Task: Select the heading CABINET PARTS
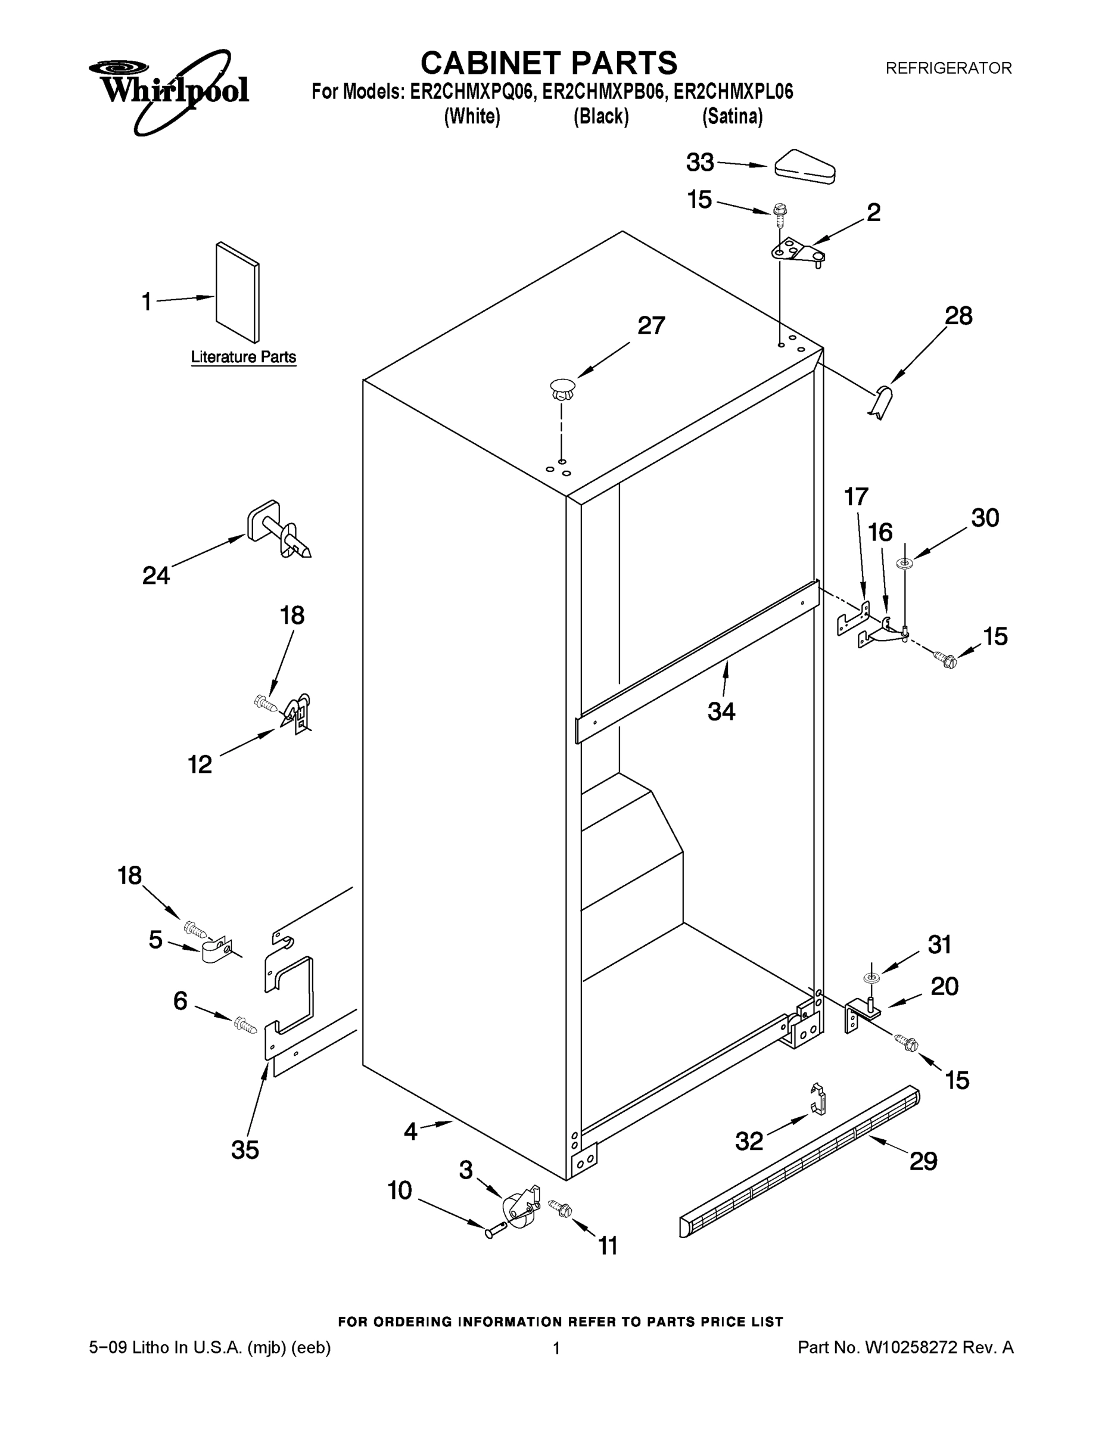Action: point(549,64)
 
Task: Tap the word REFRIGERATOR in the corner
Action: point(948,68)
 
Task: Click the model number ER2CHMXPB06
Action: point(602,92)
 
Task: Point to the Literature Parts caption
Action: point(243,357)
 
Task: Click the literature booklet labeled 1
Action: point(238,292)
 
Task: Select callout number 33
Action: point(699,163)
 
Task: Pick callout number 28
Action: point(958,316)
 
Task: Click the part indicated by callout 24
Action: point(278,530)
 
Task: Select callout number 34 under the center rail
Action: point(721,711)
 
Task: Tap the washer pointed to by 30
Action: point(905,562)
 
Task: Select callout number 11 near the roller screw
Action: point(608,1245)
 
